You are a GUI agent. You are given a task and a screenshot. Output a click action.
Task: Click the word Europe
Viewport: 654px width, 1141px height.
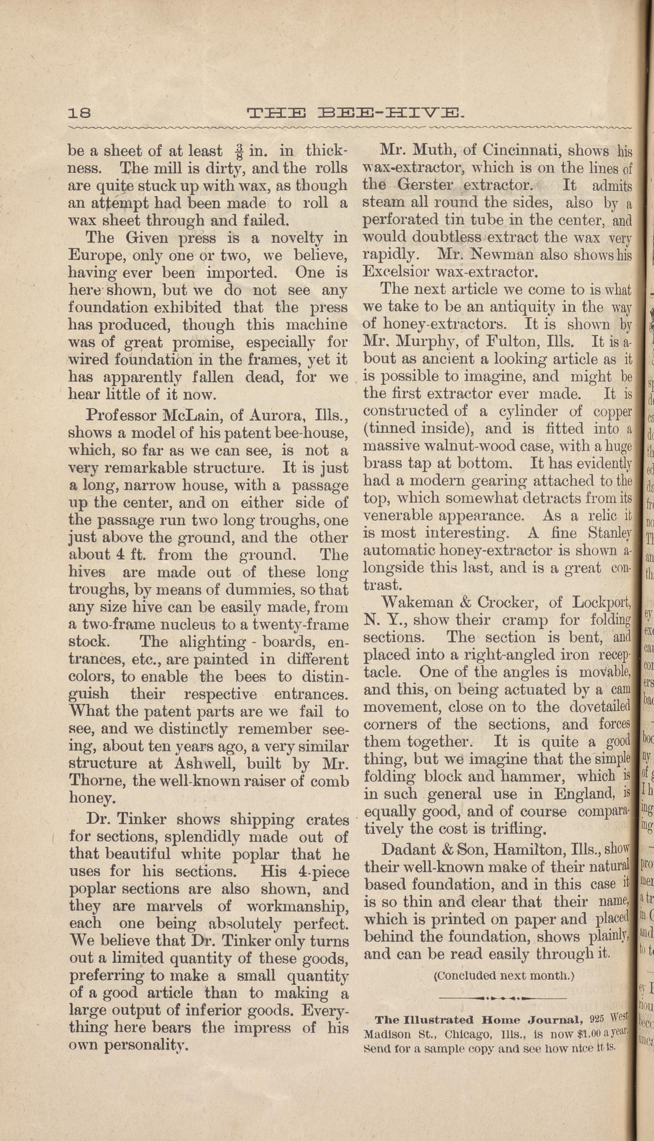[x=93, y=255]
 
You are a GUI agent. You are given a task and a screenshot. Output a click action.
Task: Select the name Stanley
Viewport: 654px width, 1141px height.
[x=610, y=533]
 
